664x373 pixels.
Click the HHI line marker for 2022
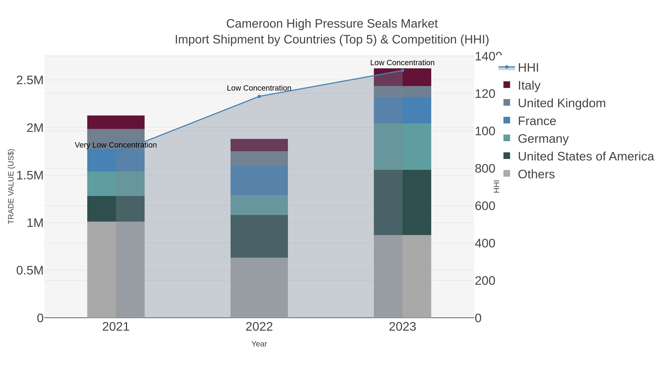259,97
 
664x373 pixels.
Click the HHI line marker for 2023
402,71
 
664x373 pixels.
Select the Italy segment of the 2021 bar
116,122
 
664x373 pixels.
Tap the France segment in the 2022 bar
259,181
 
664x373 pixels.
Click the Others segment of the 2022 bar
259,288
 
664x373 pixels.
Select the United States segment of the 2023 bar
402,202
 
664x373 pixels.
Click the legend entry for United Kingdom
561,103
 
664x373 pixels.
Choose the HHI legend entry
528,68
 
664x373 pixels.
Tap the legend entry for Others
536,174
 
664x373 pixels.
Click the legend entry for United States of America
585,157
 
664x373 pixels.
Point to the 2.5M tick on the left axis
30,80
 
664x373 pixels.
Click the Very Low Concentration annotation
116,145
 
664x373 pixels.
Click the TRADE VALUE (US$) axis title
11,186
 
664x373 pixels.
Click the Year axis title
259,344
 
